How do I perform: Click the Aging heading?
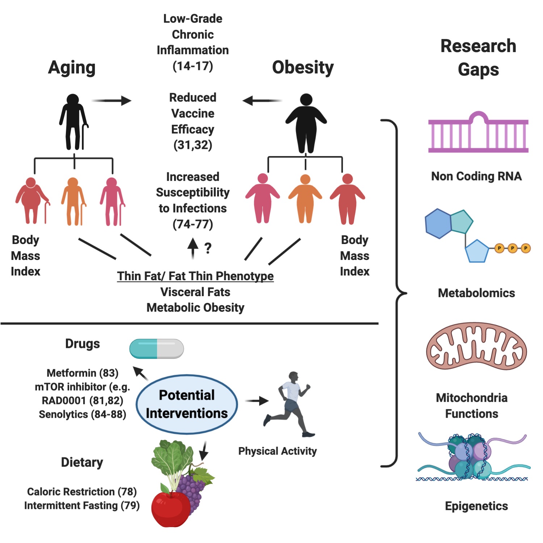click(72, 68)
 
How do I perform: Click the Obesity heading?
click(303, 68)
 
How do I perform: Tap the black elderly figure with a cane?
click(73, 122)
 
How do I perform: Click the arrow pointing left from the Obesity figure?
click(262, 101)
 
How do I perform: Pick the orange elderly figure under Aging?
click(73, 201)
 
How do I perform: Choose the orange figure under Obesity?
click(305, 199)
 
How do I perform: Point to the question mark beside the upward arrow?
click(208, 248)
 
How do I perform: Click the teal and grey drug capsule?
click(156, 349)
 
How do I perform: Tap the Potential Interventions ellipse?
click(187, 404)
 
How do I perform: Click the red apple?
click(170, 509)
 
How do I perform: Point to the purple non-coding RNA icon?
click(478, 133)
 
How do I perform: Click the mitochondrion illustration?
click(476, 346)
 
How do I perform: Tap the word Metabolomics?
click(476, 293)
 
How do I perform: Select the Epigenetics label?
click(476, 506)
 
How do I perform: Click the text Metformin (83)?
click(83, 373)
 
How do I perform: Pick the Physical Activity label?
click(277, 451)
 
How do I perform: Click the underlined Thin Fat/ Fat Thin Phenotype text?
click(195, 276)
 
